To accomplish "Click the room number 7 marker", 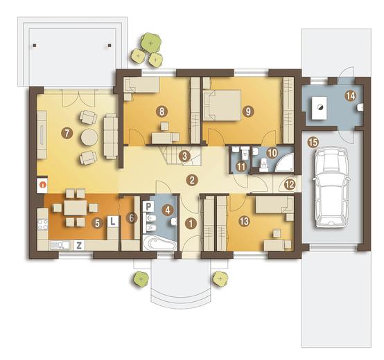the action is [x=67, y=134].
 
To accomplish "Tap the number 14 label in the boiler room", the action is [x=351, y=96].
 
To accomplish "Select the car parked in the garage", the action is [x=331, y=188].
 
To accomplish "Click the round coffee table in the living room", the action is [x=89, y=138].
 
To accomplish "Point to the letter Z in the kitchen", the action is [x=79, y=245].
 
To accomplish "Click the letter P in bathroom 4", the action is [x=148, y=207].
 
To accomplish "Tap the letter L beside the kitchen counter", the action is [x=113, y=221].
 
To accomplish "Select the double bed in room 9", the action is [x=222, y=105].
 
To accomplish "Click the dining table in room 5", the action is [x=76, y=208].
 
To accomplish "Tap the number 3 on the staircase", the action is [x=184, y=156].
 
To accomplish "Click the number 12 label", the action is [x=290, y=184].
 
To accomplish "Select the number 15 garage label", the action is [x=313, y=142].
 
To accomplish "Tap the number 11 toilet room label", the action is [x=241, y=167].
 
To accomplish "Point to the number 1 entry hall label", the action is [x=191, y=224].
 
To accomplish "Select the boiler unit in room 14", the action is [x=319, y=107].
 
